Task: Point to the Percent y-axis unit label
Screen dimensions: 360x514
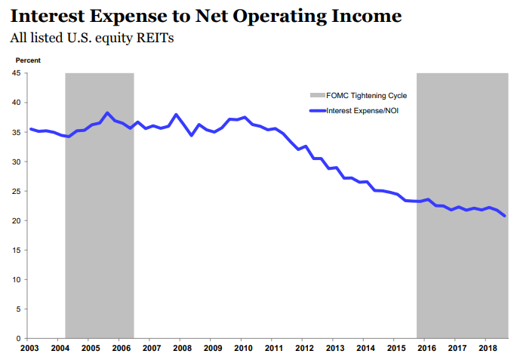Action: [x=28, y=60]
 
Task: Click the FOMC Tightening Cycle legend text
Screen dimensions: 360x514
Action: [x=366, y=96]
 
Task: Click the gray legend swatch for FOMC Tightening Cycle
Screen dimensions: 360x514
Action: [x=317, y=96]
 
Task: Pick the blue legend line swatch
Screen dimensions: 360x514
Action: [x=317, y=110]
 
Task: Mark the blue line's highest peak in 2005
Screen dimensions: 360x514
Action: [x=108, y=112]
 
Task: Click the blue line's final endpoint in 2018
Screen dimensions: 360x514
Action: [x=504, y=216]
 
